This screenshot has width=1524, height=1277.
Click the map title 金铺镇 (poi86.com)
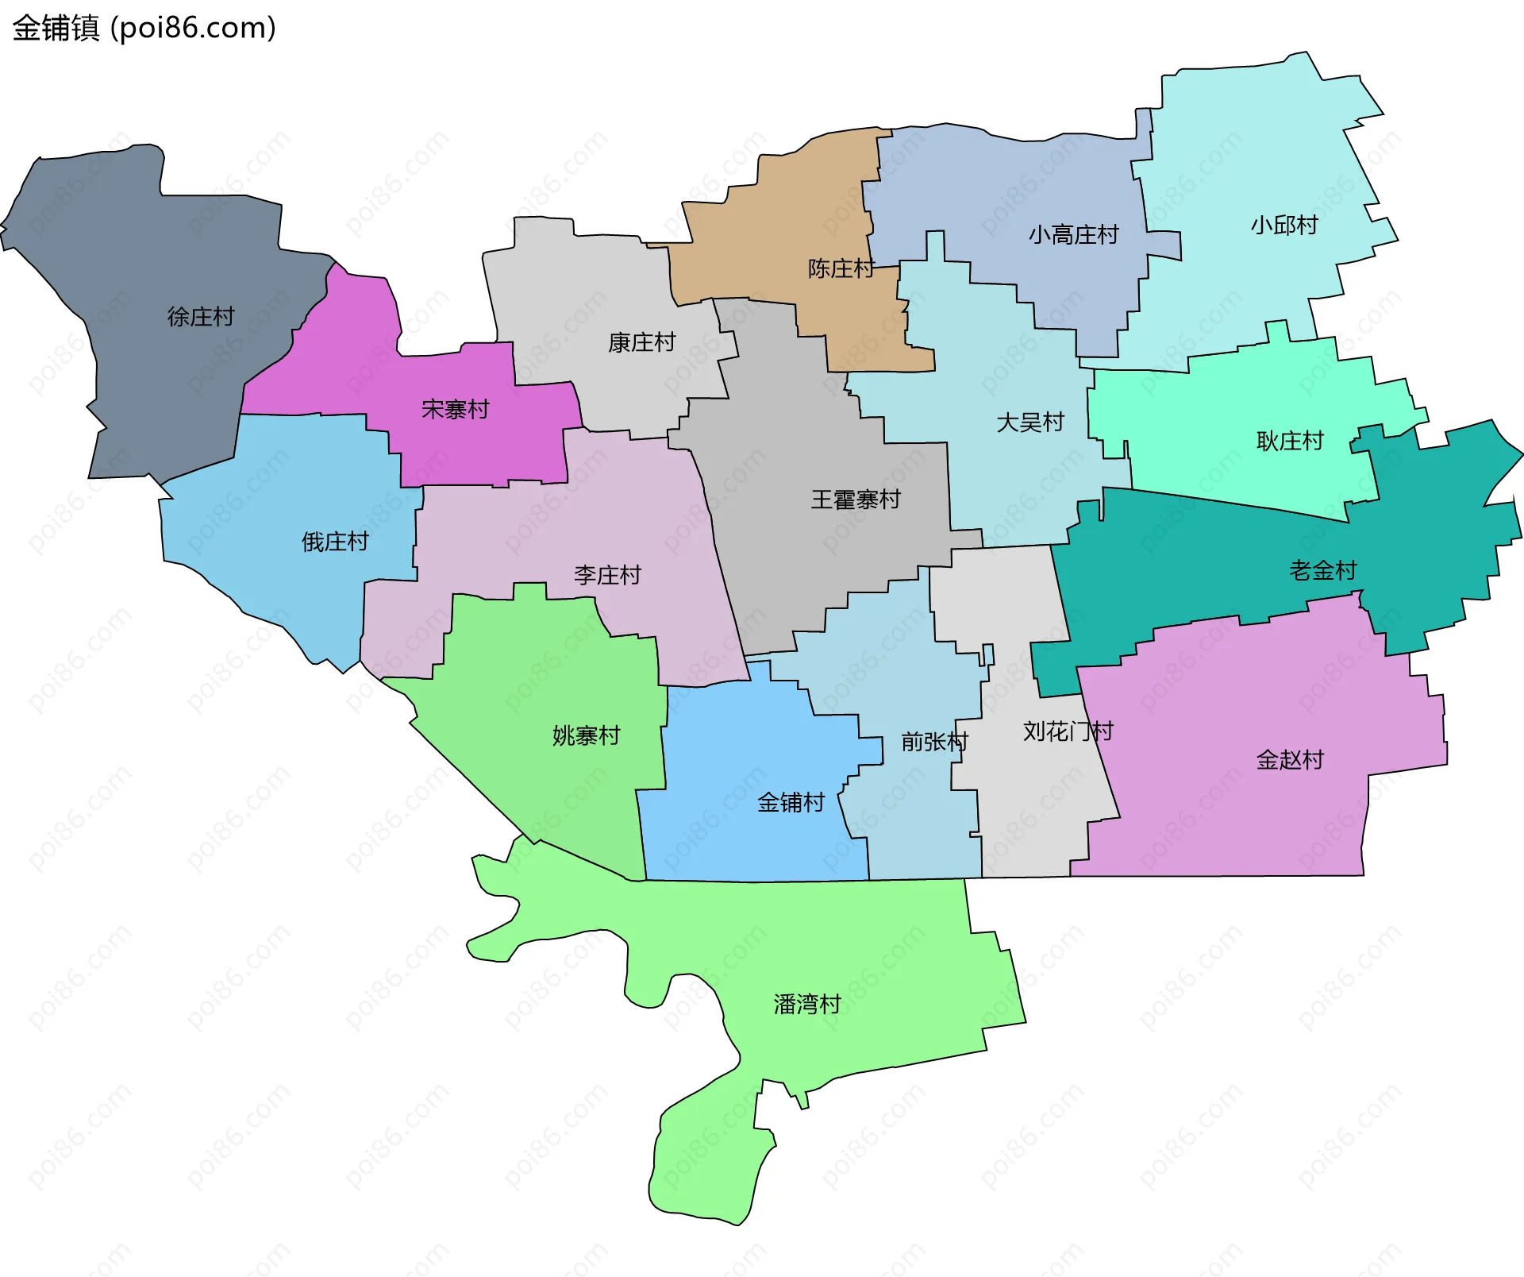click(x=144, y=29)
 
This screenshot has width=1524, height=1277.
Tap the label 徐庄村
click(x=201, y=317)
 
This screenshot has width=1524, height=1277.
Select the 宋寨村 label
click(x=456, y=410)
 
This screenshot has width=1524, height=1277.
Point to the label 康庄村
click(x=641, y=342)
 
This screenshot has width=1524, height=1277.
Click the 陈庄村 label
click(x=841, y=268)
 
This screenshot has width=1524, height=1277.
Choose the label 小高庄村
click(x=1073, y=235)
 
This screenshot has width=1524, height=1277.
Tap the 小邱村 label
click(x=1284, y=226)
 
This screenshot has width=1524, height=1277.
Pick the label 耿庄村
click(x=1290, y=441)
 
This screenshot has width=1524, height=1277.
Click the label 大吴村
click(x=1030, y=422)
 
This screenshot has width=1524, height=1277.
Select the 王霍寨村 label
click(x=856, y=500)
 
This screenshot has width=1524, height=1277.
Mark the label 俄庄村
click(x=335, y=542)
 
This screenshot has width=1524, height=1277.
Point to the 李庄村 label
click(x=607, y=575)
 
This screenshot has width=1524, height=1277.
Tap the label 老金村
click(x=1322, y=570)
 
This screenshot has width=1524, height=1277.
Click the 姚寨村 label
click(x=586, y=735)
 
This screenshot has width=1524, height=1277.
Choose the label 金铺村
click(x=791, y=802)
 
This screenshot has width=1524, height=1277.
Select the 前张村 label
click(x=934, y=742)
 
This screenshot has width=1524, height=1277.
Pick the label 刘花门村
click(x=1068, y=731)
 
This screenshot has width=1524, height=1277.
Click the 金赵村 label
click(x=1290, y=760)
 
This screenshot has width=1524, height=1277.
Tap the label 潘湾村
click(x=807, y=1005)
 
